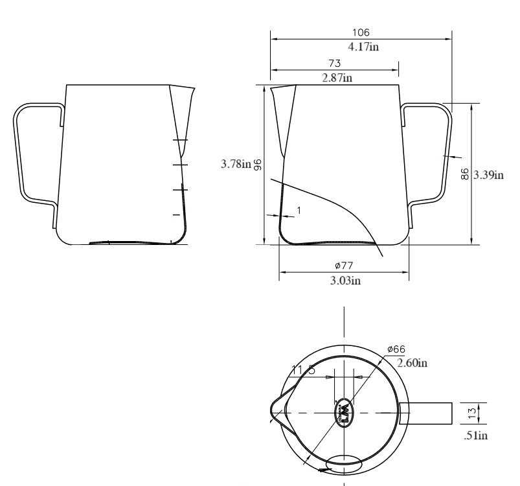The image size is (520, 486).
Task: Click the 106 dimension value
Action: (x=361, y=33)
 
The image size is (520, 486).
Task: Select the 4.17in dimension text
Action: (x=361, y=47)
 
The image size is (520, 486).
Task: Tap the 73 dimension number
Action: (x=335, y=65)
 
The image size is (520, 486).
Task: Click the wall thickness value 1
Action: (x=299, y=209)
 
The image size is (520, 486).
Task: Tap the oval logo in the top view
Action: (x=345, y=411)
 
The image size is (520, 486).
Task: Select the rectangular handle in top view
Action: (x=425, y=412)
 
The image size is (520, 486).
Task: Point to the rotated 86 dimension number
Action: (x=465, y=175)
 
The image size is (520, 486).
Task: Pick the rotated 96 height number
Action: (x=257, y=165)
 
